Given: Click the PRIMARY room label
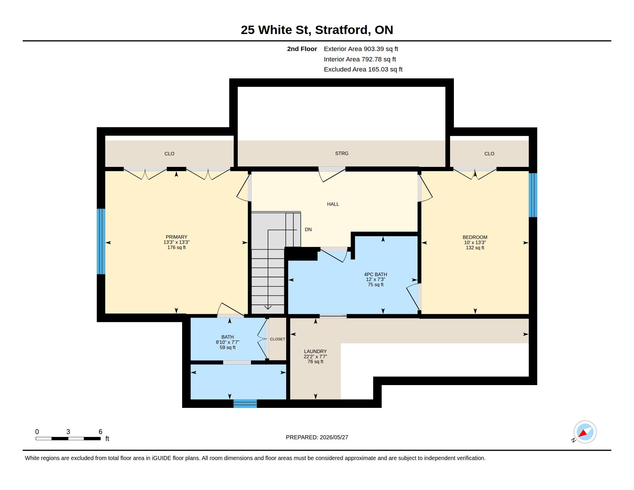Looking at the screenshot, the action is [x=176, y=237].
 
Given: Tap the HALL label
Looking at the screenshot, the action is [x=333, y=204].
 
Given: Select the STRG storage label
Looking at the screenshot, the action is [x=342, y=153].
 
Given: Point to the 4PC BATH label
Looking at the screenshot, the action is [x=376, y=274].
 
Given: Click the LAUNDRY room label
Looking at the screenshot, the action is [x=315, y=351].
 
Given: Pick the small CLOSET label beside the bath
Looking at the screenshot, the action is [x=278, y=339].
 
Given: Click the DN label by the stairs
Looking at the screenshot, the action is [x=308, y=229].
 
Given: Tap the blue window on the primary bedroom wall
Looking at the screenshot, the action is [x=101, y=242].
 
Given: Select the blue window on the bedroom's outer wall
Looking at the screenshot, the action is [x=533, y=195].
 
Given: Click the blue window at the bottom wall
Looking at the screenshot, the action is [x=245, y=404].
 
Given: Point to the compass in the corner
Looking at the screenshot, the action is [x=585, y=432].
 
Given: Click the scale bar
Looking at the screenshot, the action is [x=68, y=438].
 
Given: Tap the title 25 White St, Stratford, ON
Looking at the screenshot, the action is [x=317, y=30].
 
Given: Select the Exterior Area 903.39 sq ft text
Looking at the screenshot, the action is [x=361, y=49].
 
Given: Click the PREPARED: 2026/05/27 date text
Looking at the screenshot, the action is [x=317, y=437].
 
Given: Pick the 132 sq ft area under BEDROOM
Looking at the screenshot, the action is [x=475, y=248].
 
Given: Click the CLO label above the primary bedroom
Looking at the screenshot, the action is [x=169, y=154].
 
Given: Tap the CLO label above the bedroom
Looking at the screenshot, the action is [x=489, y=154].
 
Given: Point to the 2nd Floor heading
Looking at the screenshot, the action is [x=302, y=49].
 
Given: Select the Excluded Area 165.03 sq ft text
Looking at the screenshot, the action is [x=363, y=69].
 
